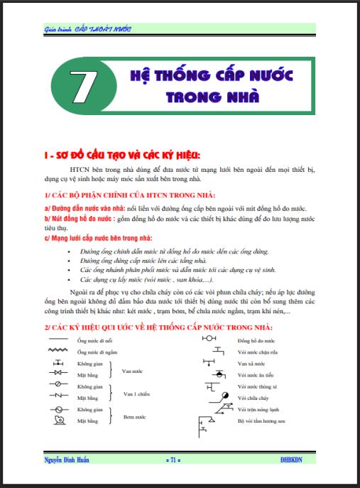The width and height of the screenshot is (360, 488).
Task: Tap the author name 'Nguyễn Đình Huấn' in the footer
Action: [66, 460]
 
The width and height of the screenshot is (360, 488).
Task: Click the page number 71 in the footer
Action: [173, 460]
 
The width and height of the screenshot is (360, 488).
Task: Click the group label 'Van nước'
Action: [133, 369]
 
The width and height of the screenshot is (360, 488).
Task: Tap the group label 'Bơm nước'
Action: [135, 416]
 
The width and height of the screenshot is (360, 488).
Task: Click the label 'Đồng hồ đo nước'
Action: [256, 341]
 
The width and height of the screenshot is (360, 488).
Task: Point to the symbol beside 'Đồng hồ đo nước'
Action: [209, 340]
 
